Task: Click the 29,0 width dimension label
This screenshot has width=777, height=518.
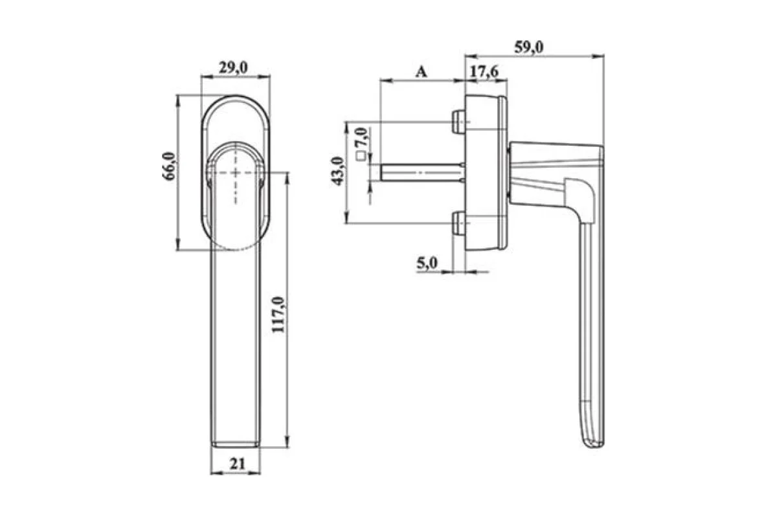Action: tap(233, 67)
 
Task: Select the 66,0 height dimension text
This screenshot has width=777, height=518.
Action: tap(170, 166)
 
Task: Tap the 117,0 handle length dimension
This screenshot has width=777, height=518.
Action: tap(278, 315)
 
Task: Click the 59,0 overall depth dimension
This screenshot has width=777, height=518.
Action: tap(528, 47)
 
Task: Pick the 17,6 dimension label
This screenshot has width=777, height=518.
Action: tap(484, 72)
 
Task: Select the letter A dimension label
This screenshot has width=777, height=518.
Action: tap(421, 72)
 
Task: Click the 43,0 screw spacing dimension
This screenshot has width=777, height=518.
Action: tap(337, 171)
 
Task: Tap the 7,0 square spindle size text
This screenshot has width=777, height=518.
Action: tap(361, 137)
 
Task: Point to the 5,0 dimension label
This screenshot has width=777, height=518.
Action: tap(427, 264)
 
